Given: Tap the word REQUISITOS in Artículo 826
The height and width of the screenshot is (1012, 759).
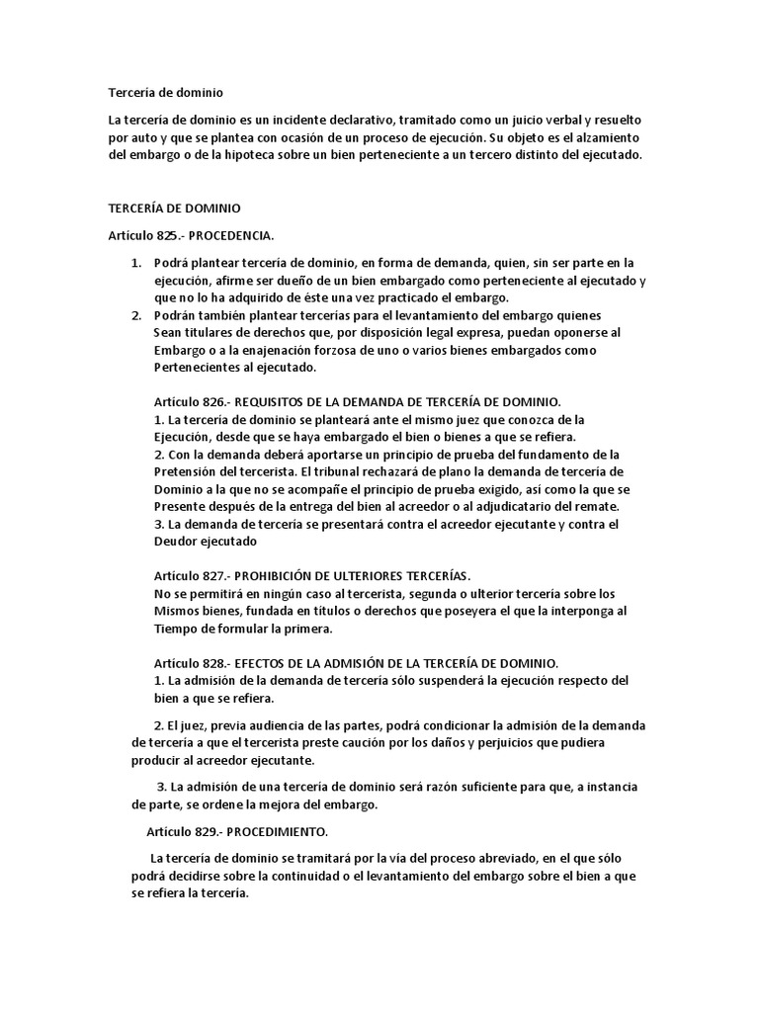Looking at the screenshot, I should pyautogui.click(x=276, y=401).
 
